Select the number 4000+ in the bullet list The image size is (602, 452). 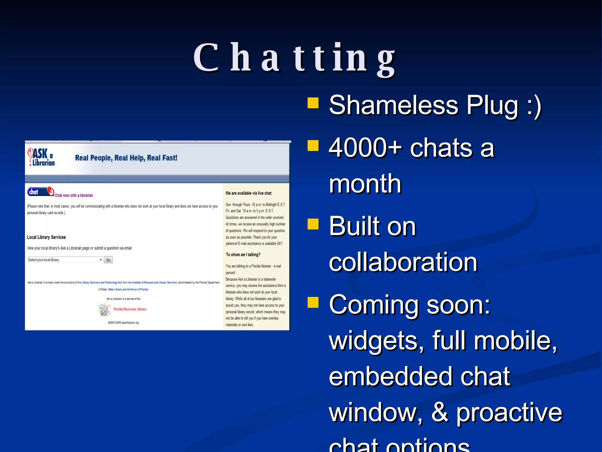tap(365, 148)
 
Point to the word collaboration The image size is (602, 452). tap(403, 262)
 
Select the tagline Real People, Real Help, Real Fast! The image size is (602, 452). tap(126, 158)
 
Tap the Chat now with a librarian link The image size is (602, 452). tap(74, 195)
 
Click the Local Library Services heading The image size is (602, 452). tap(46, 237)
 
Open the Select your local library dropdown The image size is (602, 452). tap(65, 260)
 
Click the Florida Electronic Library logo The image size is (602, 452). tap(123, 309)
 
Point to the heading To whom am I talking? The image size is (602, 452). tap(243, 255)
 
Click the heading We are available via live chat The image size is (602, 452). tap(249, 193)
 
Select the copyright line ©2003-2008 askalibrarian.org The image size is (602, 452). tap(123, 323)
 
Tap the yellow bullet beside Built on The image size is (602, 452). tap(313, 224)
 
